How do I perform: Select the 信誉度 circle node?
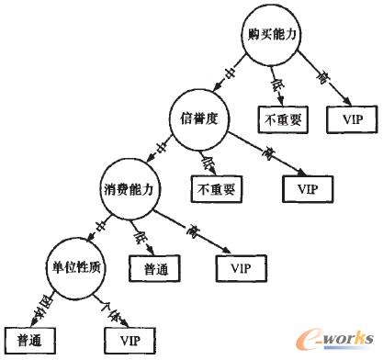click(196, 117)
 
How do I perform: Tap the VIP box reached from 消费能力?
click(242, 268)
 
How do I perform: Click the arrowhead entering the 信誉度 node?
click(214, 95)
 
